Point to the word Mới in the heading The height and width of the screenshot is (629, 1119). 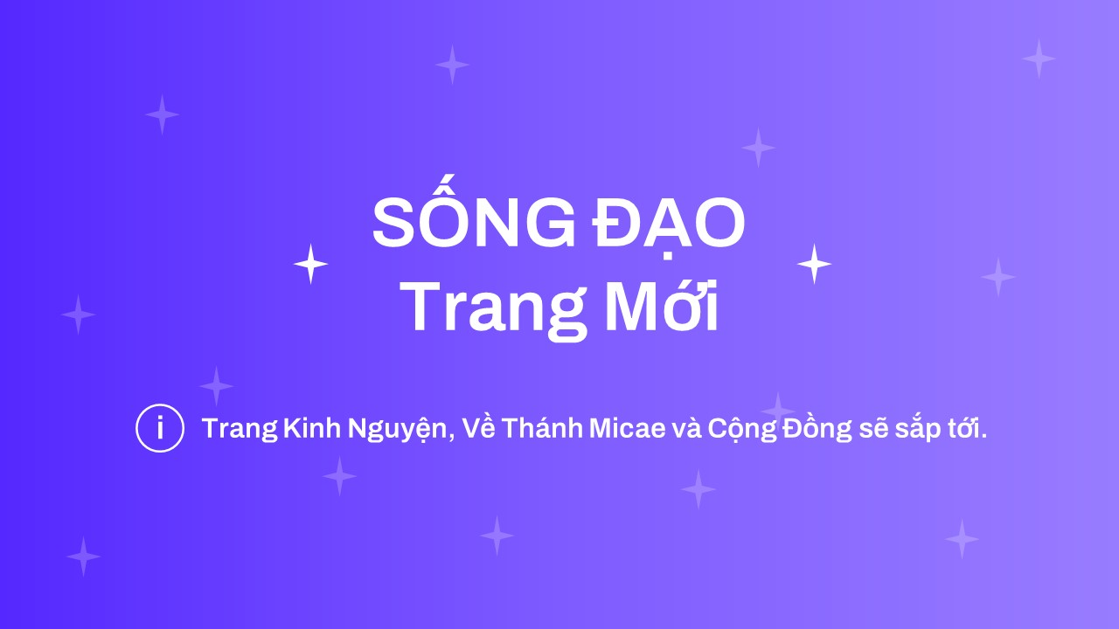tap(663, 304)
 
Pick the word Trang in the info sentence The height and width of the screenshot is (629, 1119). tap(240, 429)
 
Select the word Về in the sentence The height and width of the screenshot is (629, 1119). tap(478, 427)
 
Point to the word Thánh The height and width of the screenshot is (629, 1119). tap(542, 427)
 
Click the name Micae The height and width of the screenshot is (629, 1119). tap(628, 428)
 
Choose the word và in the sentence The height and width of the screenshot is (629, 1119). tap(687, 427)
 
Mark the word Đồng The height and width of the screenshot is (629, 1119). tap(817, 429)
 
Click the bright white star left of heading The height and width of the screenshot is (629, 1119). tap(310, 264)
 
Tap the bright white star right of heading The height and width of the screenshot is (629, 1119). tap(814, 264)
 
